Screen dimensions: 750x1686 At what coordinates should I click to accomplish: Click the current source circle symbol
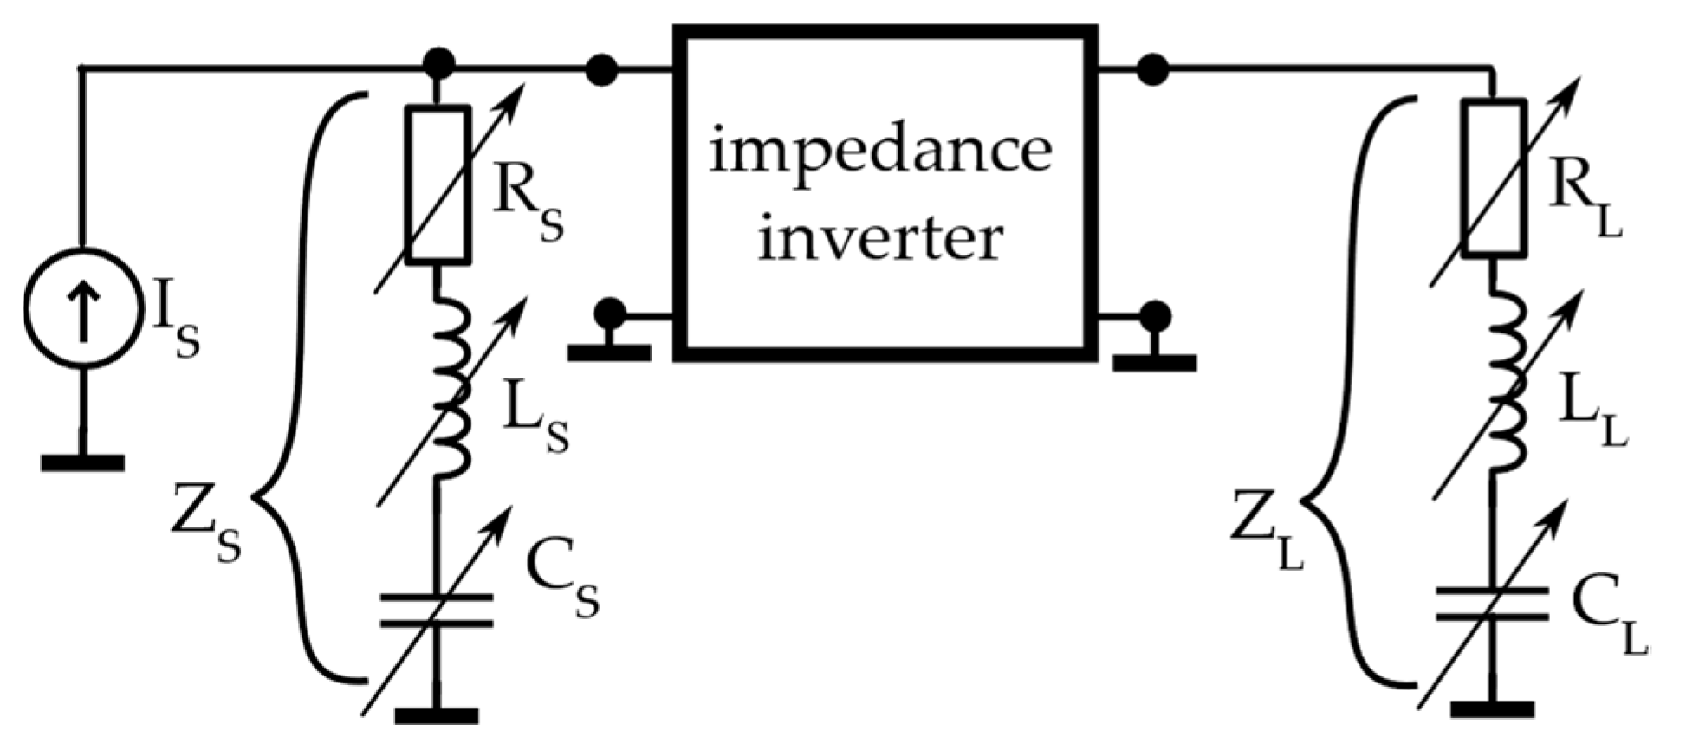pos(82,308)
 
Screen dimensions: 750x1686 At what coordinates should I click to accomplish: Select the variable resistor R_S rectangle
pos(438,184)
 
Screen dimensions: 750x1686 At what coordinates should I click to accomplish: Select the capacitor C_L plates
pos(1492,605)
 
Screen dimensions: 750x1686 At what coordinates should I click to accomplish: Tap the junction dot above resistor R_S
pos(438,62)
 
